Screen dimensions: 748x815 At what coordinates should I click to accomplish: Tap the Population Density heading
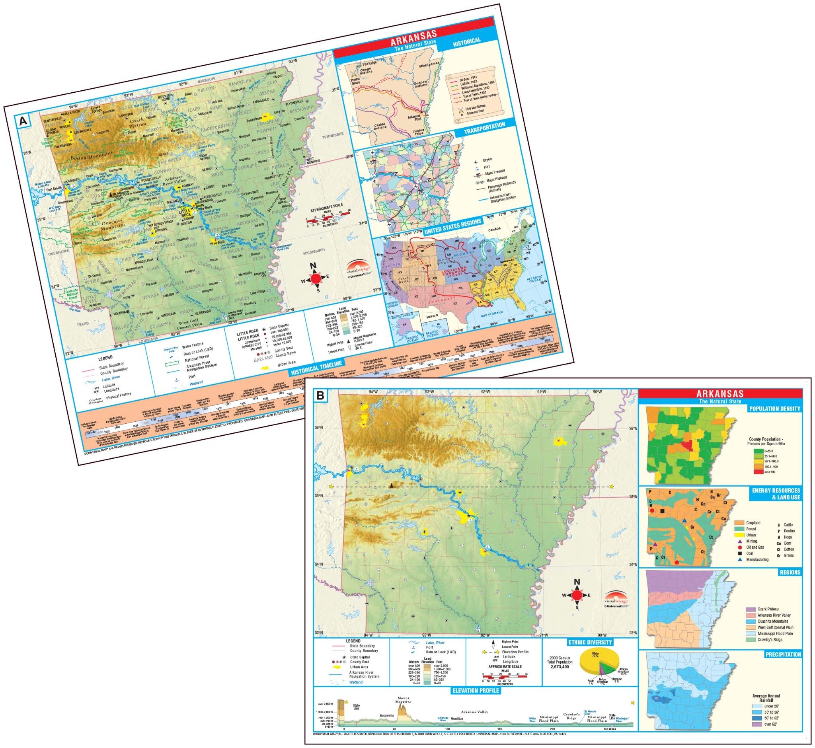click(775, 408)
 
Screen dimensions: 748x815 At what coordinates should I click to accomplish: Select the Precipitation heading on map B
click(783, 654)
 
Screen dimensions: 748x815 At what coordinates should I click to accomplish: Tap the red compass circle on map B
click(577, 595)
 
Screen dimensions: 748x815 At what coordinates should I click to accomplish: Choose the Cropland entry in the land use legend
click(753, 523)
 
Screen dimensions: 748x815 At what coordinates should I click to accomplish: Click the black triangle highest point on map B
click(392, 485)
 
